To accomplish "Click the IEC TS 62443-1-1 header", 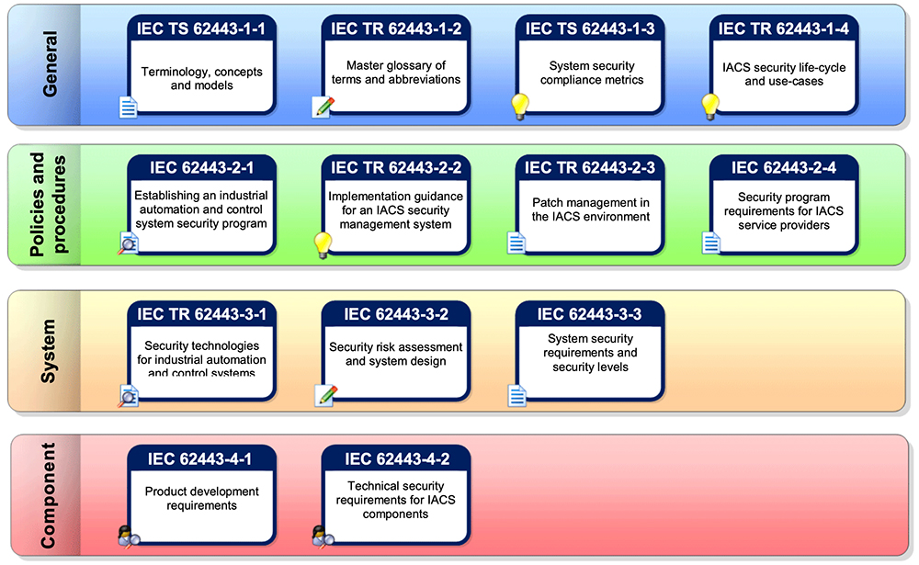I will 201,29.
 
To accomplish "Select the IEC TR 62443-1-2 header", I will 396,29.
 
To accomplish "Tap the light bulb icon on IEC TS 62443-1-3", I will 520,107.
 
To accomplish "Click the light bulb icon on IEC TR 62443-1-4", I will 710,107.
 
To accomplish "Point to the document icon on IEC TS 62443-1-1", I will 129,108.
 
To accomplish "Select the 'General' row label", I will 48,63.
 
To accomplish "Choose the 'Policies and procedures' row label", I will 48,204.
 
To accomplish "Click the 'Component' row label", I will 48,495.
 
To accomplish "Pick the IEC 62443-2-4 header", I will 784,167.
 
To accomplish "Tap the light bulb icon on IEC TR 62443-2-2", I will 323,244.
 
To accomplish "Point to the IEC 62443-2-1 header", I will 201,167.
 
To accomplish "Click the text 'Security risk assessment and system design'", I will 396,354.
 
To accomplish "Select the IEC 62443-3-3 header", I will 590,315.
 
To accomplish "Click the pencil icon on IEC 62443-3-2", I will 325,395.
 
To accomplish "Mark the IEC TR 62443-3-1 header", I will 201,315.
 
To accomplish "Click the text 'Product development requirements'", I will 201,499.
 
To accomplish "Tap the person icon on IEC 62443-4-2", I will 323,535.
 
